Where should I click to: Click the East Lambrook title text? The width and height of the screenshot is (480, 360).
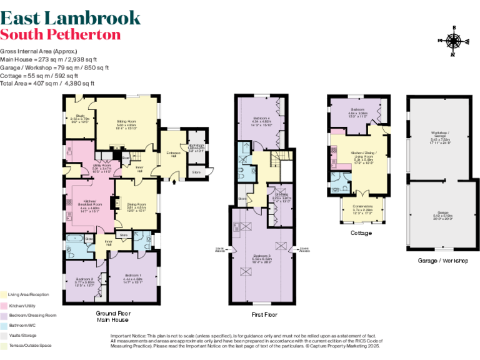coord(70,17)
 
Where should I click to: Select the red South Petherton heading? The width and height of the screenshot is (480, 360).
coord(61,34)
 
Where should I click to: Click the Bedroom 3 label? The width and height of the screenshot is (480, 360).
coord(261,258)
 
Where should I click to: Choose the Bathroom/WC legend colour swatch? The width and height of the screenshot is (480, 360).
coord(4,325)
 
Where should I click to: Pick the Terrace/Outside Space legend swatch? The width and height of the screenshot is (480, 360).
coord(4,345)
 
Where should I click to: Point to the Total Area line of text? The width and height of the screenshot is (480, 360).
coord(47,83)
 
